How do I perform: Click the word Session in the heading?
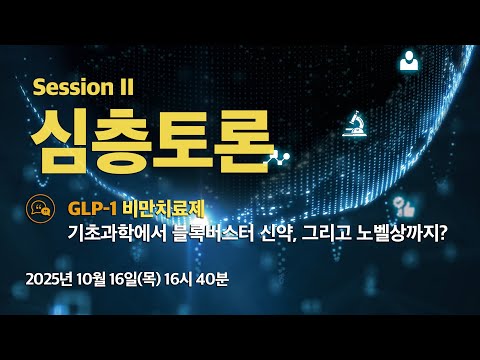pos(73,87)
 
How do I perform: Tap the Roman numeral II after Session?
pos(126,87)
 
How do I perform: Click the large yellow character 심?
pos(60,141)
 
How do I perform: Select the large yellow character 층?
pos(121,141)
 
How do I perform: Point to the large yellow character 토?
pos(182,141)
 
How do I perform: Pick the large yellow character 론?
pos(241,141)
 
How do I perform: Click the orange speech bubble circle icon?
pos(40,209)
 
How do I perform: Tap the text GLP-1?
pos(92,209)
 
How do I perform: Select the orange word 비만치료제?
pos(163,209)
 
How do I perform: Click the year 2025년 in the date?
pos(49,279)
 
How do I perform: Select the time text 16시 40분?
pos(196,279)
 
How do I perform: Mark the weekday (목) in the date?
pos(149,279)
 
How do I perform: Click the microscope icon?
pos(355,124)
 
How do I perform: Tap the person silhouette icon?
pos(409,60)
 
